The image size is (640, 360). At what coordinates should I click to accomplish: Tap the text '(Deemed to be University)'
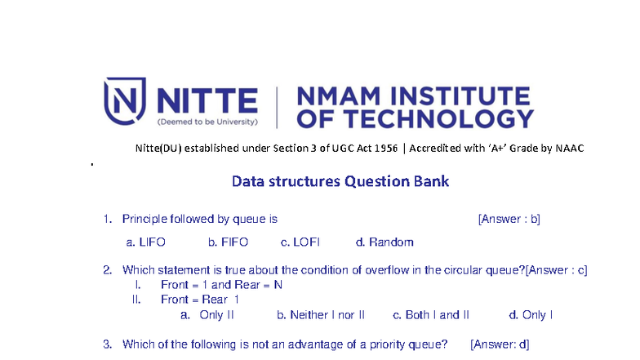click(207, 122)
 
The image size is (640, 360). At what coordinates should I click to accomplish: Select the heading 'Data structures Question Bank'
click(340, 180)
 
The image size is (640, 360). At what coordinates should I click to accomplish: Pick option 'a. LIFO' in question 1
click(146, 242)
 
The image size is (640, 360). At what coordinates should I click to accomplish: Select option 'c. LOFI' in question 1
click(300, 242)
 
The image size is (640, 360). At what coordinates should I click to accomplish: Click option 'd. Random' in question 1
click(384, 242)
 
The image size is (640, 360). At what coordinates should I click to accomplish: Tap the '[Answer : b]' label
click(509, 220)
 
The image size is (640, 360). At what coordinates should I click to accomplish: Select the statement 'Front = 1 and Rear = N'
click(221, 285)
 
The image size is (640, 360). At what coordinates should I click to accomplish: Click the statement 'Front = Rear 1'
click(200, 300)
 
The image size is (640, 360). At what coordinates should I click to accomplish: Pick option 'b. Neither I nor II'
click(321, 315)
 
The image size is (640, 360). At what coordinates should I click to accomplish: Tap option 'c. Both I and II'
click(431, 315)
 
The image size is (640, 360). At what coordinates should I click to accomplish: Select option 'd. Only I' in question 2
click(531, 315)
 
